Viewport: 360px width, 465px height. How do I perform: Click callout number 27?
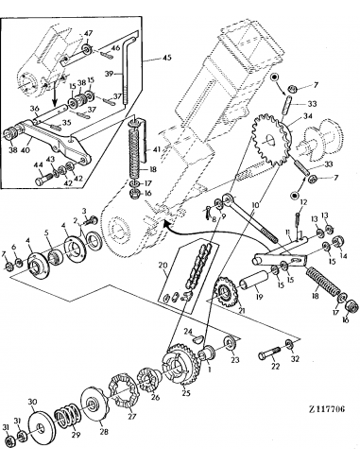pyautogui.click(x=131, y=414)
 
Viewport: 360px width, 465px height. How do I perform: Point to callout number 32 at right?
pyautogui.click(x=295, y=360)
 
